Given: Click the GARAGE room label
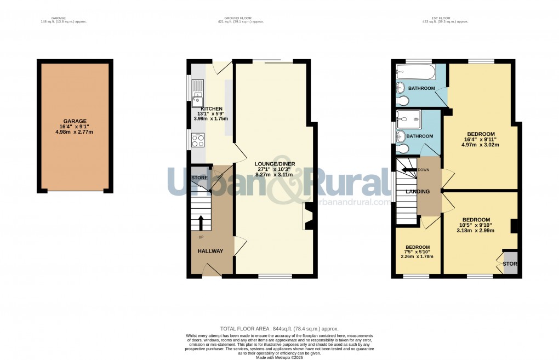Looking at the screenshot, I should tap(75, 121).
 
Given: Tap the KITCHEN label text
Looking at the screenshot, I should tap(211, 108).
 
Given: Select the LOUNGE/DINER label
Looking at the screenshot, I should tap(275, 164).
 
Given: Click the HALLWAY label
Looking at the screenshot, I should tap(210, 251).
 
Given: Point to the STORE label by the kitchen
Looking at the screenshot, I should tap(199, 178).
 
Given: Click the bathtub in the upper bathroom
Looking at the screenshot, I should tap(415, 72).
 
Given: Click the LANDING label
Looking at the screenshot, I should tap(417, 191).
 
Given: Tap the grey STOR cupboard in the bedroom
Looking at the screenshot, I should tap(510, 263).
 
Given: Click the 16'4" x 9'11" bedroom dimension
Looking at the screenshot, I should tap(481, 139).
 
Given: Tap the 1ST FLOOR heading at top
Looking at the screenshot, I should tap(445, 18).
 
